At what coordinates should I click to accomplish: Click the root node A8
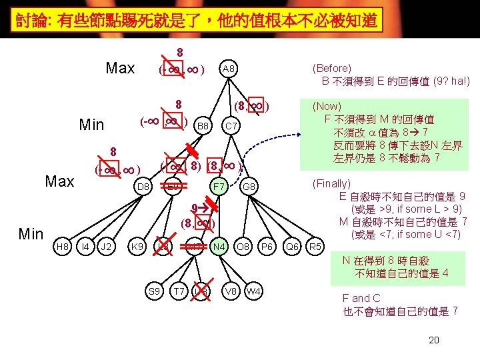(228, 69)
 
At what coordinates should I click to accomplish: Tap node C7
(231, 125)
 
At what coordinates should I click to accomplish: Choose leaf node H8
(63, 247)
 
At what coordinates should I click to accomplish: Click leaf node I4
(84, 247)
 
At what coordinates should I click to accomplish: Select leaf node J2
(105, 247)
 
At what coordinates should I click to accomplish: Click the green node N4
(218, 247)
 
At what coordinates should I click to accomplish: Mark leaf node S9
(154, 291)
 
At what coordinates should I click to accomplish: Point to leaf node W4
(253, 291)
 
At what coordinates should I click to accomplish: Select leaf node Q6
(292, 247)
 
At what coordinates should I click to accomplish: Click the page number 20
(433, 341)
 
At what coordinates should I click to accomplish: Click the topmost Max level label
(120, 69)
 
